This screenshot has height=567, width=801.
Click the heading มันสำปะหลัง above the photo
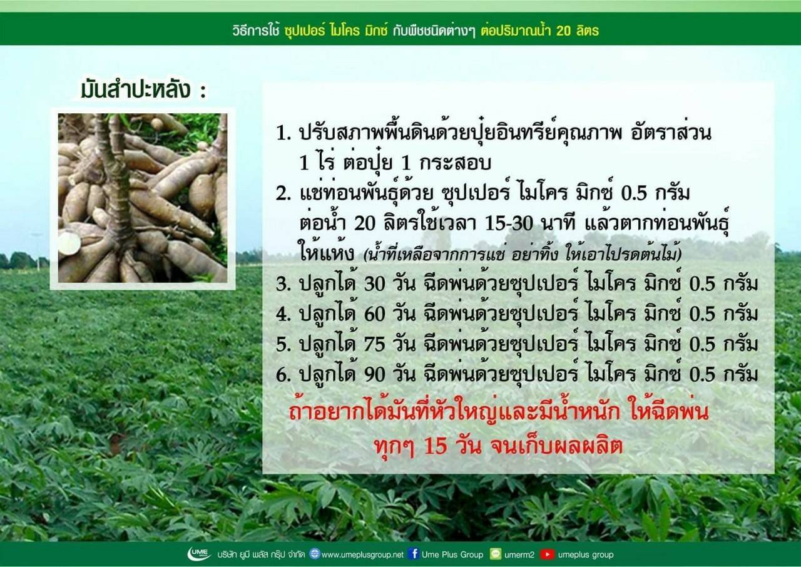(x=136, y=90)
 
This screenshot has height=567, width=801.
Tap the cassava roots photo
(x=143, y=198)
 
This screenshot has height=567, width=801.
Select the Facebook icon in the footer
(x=414, y=554)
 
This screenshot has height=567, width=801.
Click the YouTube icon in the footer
(x=546, y=554)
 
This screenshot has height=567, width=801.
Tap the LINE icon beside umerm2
(x=496, y=554)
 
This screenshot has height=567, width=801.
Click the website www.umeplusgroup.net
(x=362, y=555)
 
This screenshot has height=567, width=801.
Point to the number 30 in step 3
(x=375, y=285)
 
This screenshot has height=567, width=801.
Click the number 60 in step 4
(x=375, y=315)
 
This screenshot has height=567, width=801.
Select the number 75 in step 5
(x=375, y=345)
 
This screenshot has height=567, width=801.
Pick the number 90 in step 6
(x=375, y=375)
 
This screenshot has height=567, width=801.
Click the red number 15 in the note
(x=436, y=446)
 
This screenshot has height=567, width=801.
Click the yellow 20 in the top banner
(x=564, y=31)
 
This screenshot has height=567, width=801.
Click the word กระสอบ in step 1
(x=455, y=163)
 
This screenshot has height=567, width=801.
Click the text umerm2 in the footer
(x=519, y=555)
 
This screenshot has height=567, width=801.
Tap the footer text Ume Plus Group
(x=452, y=555)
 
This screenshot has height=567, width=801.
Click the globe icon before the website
(x=314, y=554)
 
